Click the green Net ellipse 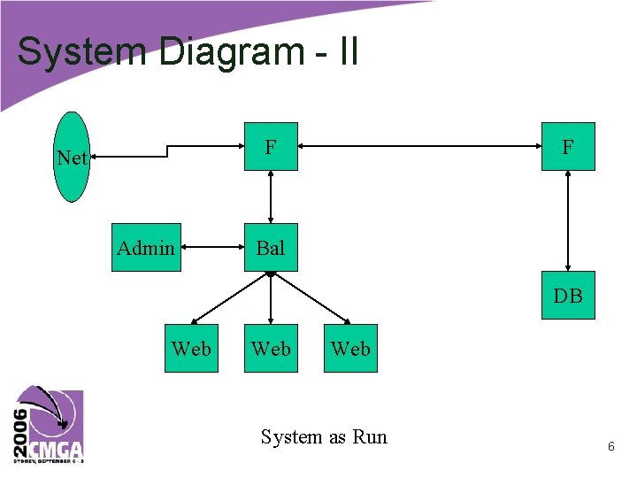(x=72, y=158)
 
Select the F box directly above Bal (x=271, y=146)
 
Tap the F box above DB (x=568, y=146)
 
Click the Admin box (x=146, y=248)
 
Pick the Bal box (x=271, y=248)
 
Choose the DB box (x=568, y=296)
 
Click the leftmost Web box (x=191, y=349)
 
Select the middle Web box (x=271, y=349)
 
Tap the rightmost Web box (x=350, y=349)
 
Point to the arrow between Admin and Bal (x=212, y=248)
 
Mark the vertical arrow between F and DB (x=568, y=220)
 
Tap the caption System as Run (x=324, y=436)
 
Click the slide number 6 (x=610, y=448)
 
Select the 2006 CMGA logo (x=48, y=425)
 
